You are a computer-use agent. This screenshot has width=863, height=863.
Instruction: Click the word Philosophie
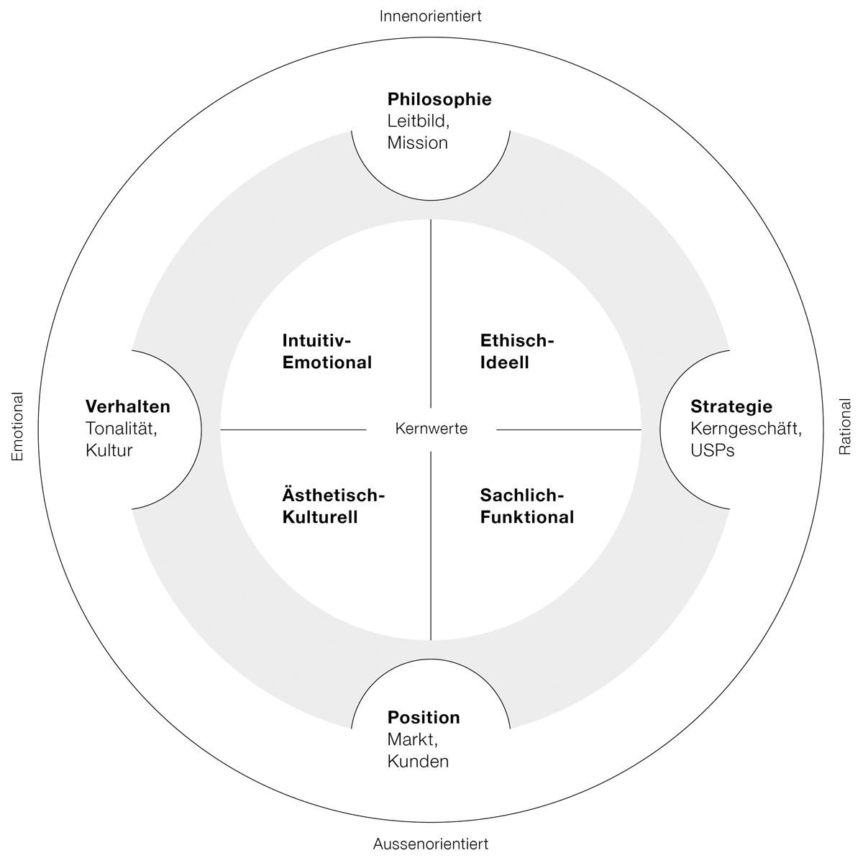tap(439, 100)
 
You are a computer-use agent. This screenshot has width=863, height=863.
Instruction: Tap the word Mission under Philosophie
tap(417, 142)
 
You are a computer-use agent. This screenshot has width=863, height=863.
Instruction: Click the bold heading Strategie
tap(731, 406)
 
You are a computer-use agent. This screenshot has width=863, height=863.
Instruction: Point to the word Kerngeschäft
tap(746, 429)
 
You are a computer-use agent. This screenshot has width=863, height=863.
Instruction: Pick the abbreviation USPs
tap(712, 451)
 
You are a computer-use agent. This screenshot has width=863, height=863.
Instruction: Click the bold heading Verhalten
tap(128, 406)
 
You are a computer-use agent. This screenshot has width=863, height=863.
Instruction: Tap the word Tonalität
tap(120, 429)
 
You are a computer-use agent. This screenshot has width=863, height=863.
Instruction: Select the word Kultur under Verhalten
tap(109, 451)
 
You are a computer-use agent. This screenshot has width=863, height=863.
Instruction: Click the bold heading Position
tap(424, 717)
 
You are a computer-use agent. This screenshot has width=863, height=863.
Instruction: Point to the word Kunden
tap(418, 761)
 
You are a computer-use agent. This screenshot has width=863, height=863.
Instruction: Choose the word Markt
tap(411, 739)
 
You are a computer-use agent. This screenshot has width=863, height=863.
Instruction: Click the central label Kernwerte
tap(431, 429)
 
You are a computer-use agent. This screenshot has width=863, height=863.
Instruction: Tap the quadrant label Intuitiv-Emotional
tap(327, 351)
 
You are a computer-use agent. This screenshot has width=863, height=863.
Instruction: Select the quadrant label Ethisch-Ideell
tap(517, 351)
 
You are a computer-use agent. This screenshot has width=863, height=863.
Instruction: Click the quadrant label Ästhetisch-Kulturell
tap(334, 506)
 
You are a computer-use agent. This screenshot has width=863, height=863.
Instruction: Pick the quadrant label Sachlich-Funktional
tap(526, 506)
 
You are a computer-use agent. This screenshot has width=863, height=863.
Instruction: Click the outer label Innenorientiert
tap(431, 16)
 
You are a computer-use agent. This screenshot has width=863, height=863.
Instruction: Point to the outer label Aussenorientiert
tap(431, 844)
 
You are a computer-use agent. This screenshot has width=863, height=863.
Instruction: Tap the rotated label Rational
tap(845, 427)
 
